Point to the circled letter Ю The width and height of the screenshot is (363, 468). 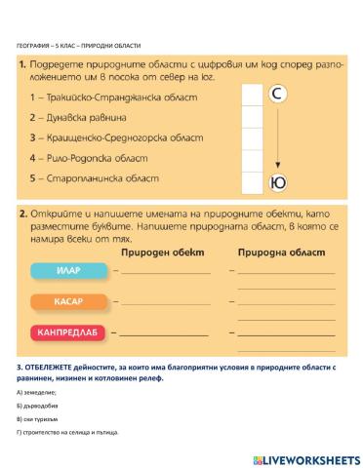tap(277, 181)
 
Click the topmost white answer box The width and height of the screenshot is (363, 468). tap(252, 95)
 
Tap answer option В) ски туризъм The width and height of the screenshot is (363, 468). tap(38, 418)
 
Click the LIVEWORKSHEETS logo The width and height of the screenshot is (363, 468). tap(305, 457)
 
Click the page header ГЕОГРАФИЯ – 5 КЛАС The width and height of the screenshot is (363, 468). tap(79, 46)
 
